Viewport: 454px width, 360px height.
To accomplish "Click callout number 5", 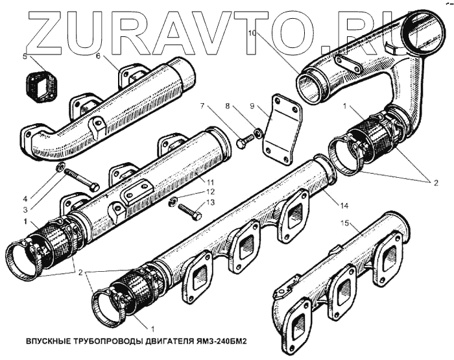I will [25, 57].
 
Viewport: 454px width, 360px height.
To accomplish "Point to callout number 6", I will [98, 56].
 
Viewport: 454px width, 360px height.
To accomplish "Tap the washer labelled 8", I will [258, 134].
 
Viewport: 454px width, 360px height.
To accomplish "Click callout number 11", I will [172, 184].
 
